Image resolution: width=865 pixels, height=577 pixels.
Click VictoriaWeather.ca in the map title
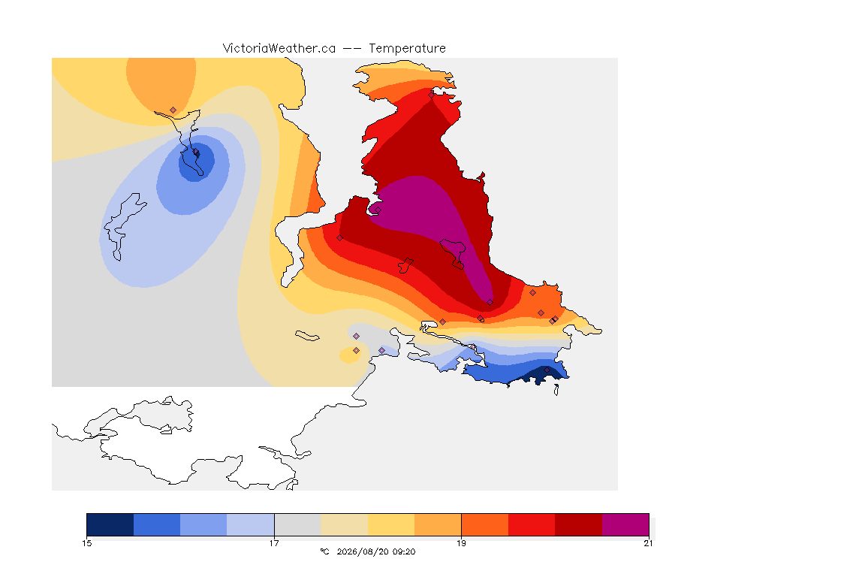[279, 49]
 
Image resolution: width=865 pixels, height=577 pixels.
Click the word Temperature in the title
[407, 49]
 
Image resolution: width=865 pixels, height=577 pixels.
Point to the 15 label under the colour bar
[86, 543]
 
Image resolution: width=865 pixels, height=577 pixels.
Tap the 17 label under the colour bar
[274, 543]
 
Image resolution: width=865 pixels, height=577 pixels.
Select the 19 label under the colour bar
[461, 543]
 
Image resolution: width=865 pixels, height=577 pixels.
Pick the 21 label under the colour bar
[648, 543]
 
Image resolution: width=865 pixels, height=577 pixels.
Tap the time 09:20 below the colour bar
[404, 551]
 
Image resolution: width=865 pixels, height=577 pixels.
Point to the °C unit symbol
[324, 551]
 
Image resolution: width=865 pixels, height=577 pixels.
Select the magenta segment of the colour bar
[625, 524]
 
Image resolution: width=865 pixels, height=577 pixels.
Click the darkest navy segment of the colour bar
[110, 524]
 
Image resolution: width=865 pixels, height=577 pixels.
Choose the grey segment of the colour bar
[297, 524]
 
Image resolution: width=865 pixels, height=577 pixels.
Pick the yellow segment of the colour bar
[391, 524]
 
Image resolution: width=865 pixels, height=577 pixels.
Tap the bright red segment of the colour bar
[532, 524]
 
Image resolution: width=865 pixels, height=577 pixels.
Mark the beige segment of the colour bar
[344, 524]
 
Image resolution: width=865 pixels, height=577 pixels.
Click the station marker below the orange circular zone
[173, 110]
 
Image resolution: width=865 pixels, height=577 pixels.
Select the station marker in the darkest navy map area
[547, 370]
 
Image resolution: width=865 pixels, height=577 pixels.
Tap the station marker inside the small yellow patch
[357, 351]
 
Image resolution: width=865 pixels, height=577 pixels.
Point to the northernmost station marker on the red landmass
[432, 95]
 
